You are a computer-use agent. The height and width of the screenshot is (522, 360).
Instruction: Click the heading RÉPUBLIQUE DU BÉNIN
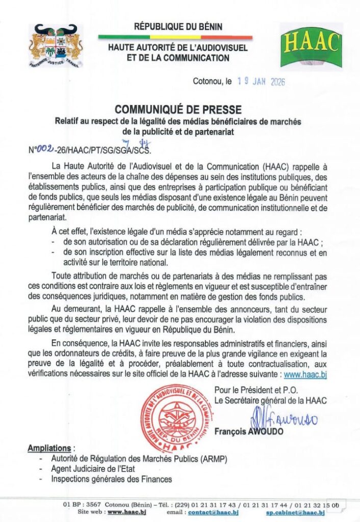click(178, 27)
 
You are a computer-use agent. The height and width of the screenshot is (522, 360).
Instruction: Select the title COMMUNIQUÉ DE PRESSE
click(178, 109)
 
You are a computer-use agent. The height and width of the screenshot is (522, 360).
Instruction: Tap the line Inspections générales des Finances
click(111, 479)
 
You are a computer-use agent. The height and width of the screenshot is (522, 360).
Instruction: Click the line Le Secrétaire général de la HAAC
click(270, 400)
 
